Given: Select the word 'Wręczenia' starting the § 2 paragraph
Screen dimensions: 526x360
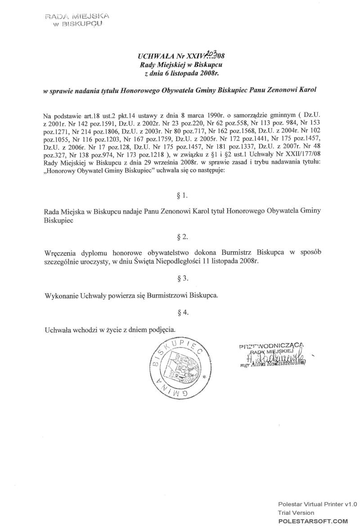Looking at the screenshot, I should [x=60, y=252].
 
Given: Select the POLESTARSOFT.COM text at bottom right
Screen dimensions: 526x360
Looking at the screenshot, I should [x=313, y=521].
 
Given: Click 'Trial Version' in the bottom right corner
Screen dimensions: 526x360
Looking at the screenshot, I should [x=296, y=513].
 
